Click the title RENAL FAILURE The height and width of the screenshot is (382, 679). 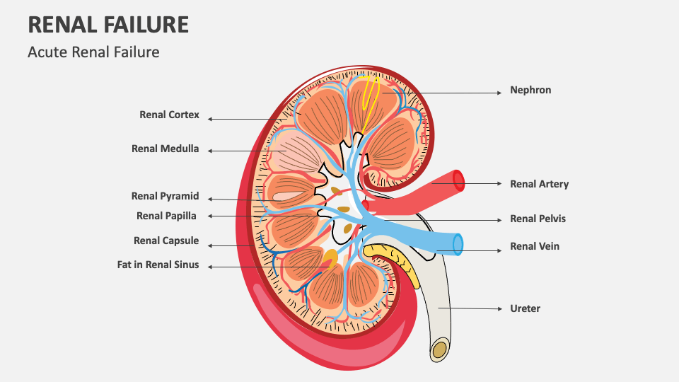tap(108, 25)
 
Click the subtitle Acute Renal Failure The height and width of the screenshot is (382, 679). tap(93, 52)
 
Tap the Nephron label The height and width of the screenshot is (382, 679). tap(530, 91)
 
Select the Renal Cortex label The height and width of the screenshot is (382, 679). tap(169, 115)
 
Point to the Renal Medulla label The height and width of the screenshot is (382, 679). tap(165, 149)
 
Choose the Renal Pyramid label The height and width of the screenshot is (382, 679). tap(165, 197)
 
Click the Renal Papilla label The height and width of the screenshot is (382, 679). tap(166, 216)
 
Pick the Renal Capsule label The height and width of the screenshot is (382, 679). tap(166, 241)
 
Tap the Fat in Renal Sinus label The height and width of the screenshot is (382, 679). tap(158, 265)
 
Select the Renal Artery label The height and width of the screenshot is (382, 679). tap(539, 184)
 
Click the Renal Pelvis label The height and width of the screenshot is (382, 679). tap(538, 219)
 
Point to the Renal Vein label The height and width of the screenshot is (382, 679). tap(535, 247)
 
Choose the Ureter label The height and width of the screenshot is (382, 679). tap(525, 308)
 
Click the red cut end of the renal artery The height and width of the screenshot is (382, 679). tap(459, 181)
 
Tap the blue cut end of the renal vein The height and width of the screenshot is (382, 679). tap(458, 244)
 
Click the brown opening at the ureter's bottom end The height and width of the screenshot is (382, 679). tap(440, 349)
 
